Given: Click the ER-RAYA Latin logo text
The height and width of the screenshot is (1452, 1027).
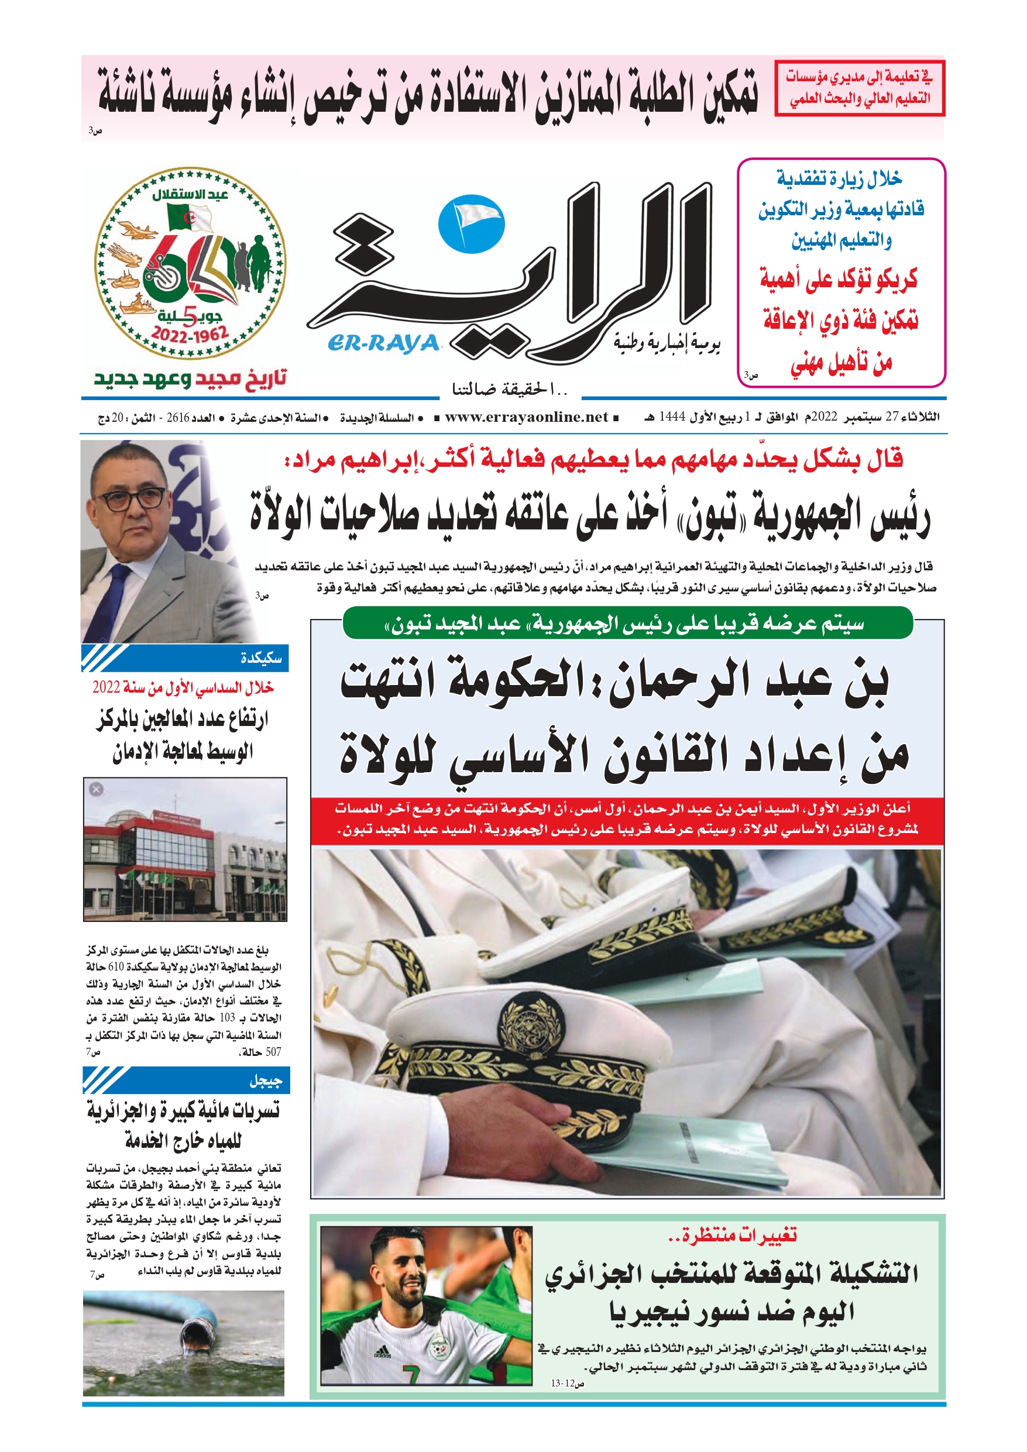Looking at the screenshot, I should [x=383, y=343].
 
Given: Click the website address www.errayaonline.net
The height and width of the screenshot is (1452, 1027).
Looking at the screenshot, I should [x=527, y=417].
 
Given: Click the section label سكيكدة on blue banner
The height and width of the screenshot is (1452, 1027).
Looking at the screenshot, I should [x=261, y=658].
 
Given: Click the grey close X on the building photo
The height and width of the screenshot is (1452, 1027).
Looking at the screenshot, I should [x=96, y=789].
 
